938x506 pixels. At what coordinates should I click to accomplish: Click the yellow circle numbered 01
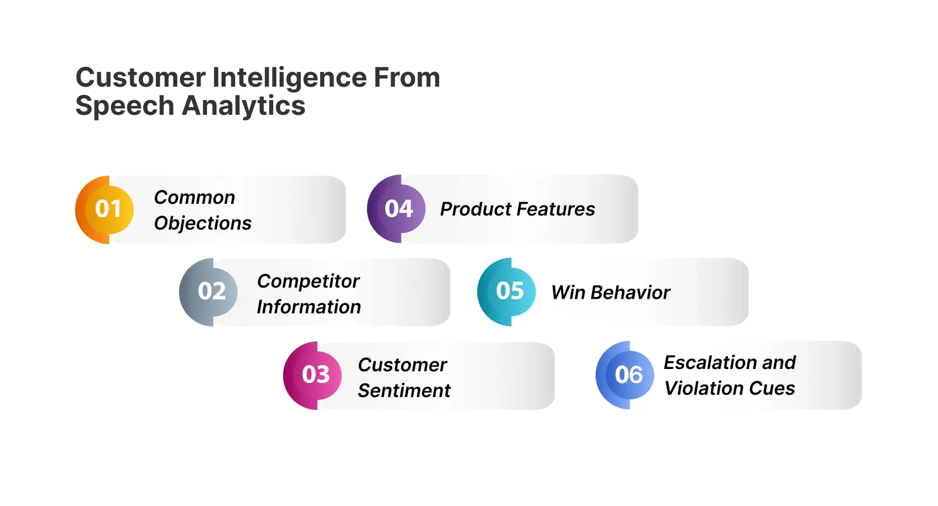[x=108, y=209]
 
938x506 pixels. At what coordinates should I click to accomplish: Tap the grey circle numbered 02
[x=212, y=292]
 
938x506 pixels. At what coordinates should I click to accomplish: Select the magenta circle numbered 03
[x=316, y=375]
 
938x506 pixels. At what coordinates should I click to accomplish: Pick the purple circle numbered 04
[x=399, y=209]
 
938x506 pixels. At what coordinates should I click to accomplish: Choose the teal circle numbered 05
[x=509, y=291]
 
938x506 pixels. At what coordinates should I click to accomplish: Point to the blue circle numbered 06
[x=628, y=375]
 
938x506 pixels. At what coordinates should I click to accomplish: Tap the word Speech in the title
[x=125, y=107]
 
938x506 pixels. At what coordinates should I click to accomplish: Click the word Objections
[x=202, y=223]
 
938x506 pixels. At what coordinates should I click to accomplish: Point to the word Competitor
[x=308, y=281]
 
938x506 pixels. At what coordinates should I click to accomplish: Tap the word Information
[x=308, y=307]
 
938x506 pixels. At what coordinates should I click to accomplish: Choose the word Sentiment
[x=404, y=391]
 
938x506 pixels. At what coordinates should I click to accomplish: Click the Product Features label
[x=517, y=209]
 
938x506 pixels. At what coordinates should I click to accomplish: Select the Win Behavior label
[x=610, y=292]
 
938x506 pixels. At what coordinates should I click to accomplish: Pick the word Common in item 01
[x=194, y=197]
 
